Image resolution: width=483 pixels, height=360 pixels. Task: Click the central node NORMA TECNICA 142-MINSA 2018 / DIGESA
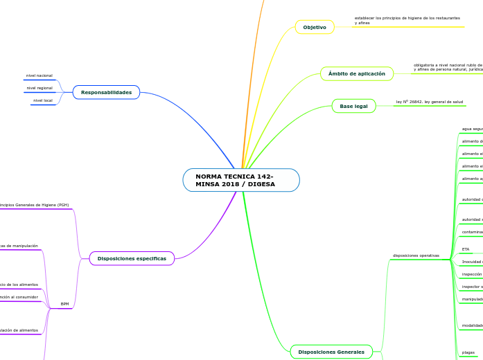[241, 180]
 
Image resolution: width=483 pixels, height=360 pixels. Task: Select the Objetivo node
[315, 27]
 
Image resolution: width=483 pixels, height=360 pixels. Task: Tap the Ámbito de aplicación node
[356, 73]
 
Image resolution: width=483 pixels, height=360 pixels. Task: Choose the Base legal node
[353, 106]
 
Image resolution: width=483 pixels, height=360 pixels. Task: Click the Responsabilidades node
[106, 92]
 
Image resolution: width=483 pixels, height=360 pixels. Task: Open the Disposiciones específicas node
[132, 258]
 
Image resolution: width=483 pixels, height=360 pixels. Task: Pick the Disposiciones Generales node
[331, 352]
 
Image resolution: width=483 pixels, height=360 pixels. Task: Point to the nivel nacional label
[39, 75]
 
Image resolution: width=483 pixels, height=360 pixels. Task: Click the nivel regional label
[39, 88]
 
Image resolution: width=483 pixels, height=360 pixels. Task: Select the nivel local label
[43, 100]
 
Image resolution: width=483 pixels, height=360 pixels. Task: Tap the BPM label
[64, 304]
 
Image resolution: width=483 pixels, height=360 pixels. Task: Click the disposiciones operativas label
[416, 255]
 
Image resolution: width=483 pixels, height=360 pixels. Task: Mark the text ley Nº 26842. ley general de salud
[429, 102]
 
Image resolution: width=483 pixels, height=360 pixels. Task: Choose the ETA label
[466, 249]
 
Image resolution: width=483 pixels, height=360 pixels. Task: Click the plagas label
[468, 352]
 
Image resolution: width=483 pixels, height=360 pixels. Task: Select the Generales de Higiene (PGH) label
[35, 205]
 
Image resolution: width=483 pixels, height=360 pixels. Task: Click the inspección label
[472, 274]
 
